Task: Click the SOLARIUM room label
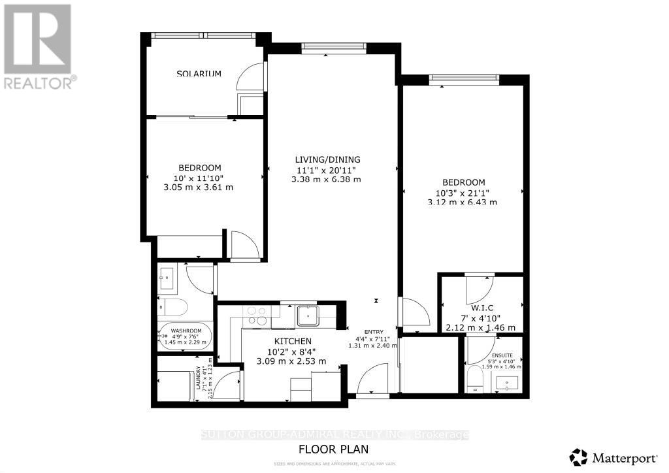click(x=199, y=74)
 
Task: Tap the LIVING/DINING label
click(x=327, y=159)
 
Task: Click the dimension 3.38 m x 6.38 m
click(x=327, y=179)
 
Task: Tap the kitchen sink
click(x=307, y=316)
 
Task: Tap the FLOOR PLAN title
click(x=333, y=449)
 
